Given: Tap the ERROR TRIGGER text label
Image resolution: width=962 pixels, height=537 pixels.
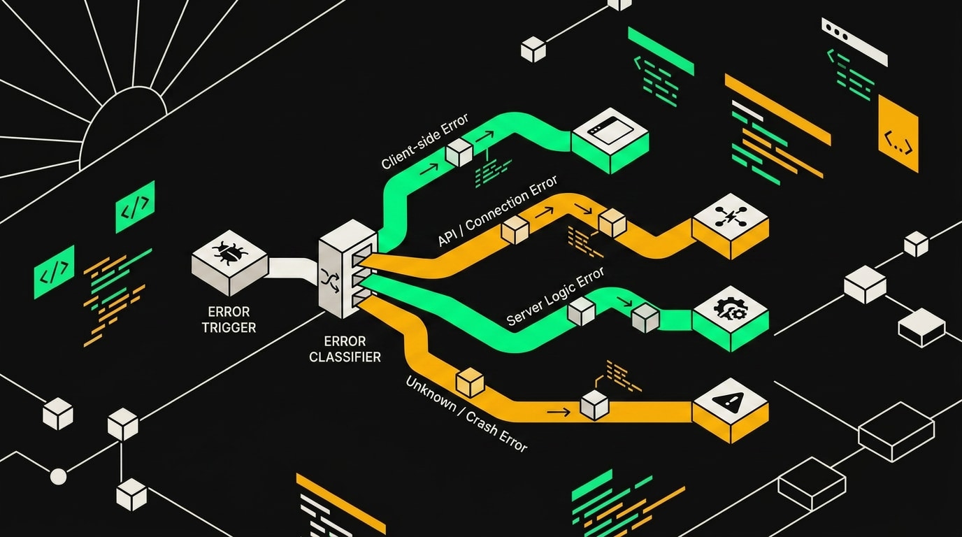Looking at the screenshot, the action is click(x=229, y=319).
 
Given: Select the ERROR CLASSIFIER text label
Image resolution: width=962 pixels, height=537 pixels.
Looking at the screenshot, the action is click(x=345, y=349).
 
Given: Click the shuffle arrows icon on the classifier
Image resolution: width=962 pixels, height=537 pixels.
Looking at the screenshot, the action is click(x=330, y=280).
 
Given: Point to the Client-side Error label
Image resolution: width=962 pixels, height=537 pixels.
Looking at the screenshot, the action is click(x=425, y=141).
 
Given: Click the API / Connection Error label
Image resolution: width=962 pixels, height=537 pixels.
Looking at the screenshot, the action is click(x=497, y=210).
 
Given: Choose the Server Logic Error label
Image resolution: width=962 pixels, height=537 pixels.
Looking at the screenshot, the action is click(x=555, y=296).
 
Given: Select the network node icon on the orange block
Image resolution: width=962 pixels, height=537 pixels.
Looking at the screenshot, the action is click(x=730, y=215).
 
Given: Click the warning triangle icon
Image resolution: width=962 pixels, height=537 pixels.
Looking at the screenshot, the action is click(x=731, y=401).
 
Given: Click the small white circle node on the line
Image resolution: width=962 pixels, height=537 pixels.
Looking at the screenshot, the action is click(x=59, y=476).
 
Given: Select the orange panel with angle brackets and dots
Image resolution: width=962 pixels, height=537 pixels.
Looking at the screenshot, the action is click(x=898, y=134).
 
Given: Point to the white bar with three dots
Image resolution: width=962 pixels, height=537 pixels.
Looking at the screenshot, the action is click(x=854, y=42).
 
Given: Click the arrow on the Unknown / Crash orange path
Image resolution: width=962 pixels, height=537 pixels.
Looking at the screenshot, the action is click(x=559, y=413).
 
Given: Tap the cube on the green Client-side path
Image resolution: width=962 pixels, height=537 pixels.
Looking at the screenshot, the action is click(x=459, y=152).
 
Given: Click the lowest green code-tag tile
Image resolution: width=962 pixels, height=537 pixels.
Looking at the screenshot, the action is click(x=54, y=272).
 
